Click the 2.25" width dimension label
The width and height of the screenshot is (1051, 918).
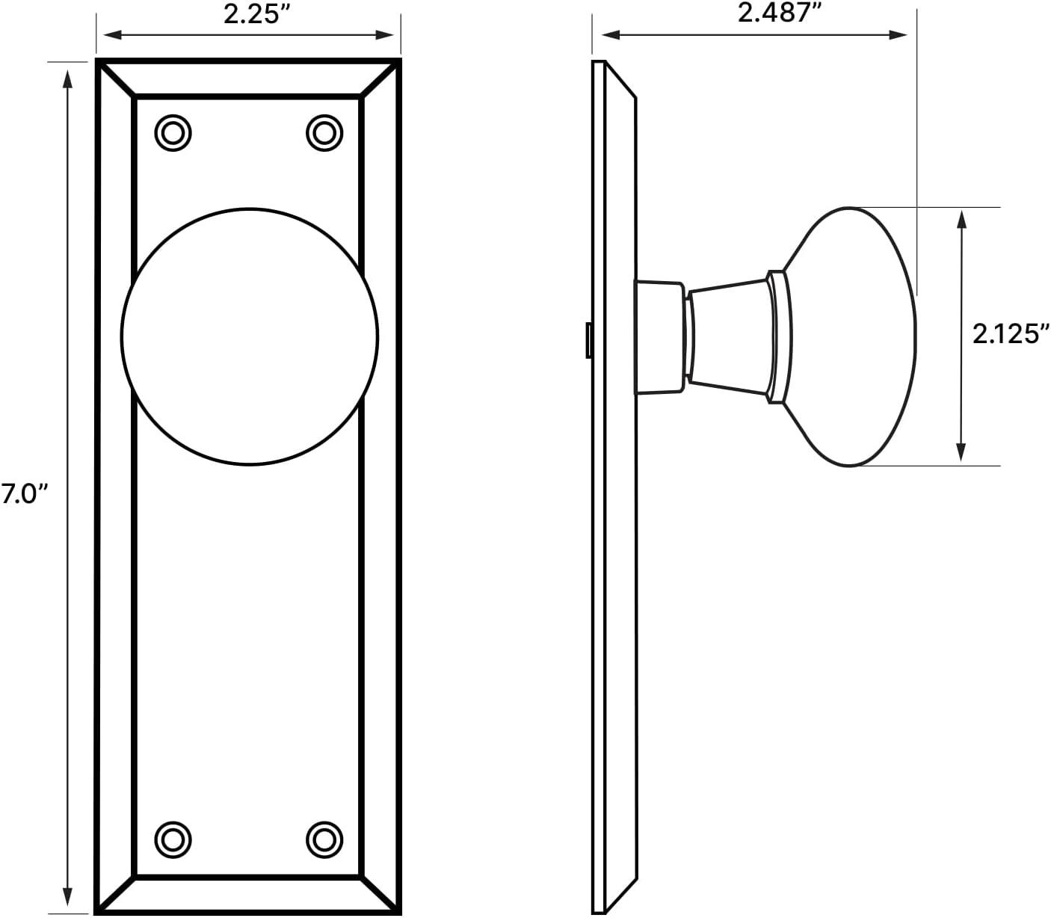(256, 15)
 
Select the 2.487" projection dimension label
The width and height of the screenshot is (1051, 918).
(774, 13)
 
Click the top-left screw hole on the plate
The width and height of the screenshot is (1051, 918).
(173, 133)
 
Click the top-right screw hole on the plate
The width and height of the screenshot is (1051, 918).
(324, 133)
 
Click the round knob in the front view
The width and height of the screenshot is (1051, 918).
(249, 336)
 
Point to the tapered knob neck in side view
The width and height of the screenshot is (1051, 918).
(729, 336)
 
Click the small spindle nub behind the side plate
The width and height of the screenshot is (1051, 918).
(589, 340)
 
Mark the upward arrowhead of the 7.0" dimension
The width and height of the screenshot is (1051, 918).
(68, 77)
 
